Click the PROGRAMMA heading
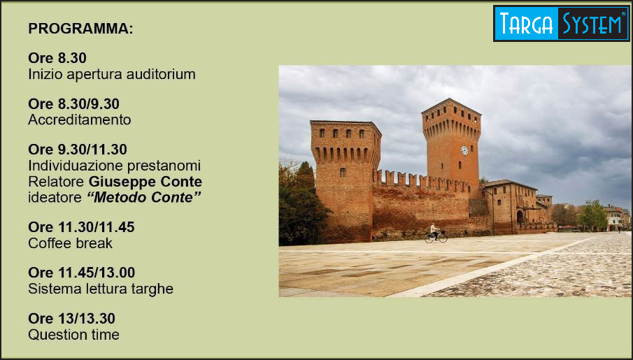point(80,29)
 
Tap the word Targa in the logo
point(526,23)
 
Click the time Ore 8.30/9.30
point(73,104)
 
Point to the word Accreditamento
point(80,120)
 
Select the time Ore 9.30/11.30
point(78,150)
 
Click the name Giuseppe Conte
point(145,182)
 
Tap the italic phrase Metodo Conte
point(144,197)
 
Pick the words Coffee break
point(70,243)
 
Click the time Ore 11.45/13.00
point(82,273)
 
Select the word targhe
point(152,289)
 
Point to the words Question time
point(73,335)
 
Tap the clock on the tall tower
point(464,150)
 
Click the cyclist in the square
point(435,233)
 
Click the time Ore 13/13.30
point(71,319)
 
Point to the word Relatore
point(57,182)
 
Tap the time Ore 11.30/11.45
point(81,228)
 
